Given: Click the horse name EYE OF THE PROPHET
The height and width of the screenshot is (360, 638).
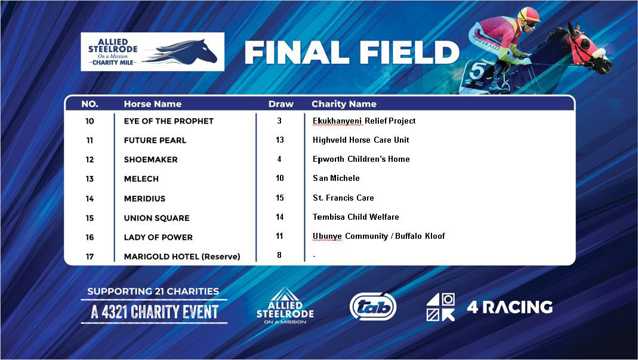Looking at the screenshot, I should [x=168, y=121].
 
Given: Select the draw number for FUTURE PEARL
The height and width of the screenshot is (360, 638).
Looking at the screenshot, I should [x=279, y=140].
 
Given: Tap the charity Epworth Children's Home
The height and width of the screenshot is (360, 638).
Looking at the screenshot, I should [x=361, y=159].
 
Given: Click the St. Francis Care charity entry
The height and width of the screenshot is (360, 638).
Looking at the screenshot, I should [x=343, y=198].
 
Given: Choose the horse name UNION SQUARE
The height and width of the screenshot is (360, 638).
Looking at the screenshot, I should [x=156, y=218].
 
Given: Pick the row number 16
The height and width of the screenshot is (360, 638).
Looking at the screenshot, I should [x=90, y=237].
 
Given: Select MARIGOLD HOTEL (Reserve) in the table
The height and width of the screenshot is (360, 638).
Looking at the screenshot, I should [x=181, y=257].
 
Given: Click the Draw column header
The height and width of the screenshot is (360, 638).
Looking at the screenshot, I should [x=281, y=104].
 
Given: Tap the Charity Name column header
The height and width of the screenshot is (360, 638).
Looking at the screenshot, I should [x=344, y=104].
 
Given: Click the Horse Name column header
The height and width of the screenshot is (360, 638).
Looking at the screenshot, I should [x=152, y=104].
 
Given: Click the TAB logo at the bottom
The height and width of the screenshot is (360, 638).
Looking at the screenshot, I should [x=373, y=306].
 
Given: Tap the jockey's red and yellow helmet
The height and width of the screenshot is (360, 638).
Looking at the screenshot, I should [x=528, y=14].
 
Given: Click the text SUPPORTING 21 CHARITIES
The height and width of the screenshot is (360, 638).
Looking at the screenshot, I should [x=153, y=291].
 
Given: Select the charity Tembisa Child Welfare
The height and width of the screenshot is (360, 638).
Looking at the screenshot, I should [x=356, y=217].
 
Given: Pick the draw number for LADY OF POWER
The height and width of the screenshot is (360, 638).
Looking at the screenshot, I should [x=279, y=236].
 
